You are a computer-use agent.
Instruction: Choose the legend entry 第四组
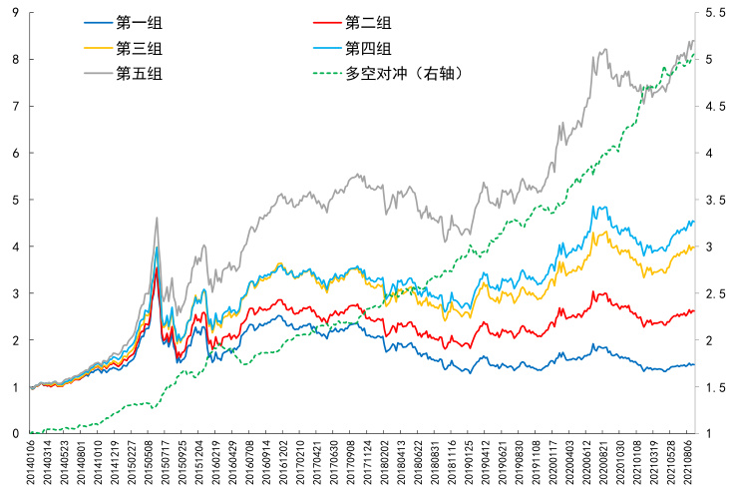click(x=366, y=49)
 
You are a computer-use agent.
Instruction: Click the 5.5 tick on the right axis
click(x=714, y=13)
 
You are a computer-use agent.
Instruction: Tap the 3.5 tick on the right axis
click(x=714, y=200)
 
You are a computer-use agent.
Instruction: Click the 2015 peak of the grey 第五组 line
click(x=157, y=218)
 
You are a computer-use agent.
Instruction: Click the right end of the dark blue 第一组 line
click(x=694, y=364)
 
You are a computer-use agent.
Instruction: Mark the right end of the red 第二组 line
click(x=694, y=310)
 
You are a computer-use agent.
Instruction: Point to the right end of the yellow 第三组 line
click(x=694, y=246)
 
